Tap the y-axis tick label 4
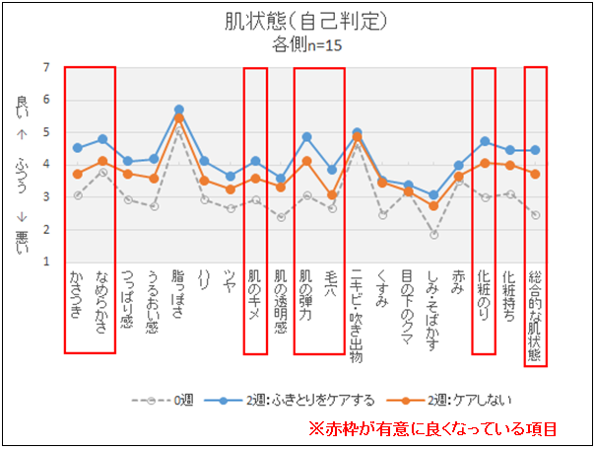[46, 165]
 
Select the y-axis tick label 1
[46, 262]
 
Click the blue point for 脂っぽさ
[179, 110]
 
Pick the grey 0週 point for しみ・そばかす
[433, 235]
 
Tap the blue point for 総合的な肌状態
[535, 150]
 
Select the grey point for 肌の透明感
[281, 217]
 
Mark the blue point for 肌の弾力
[306, 137]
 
